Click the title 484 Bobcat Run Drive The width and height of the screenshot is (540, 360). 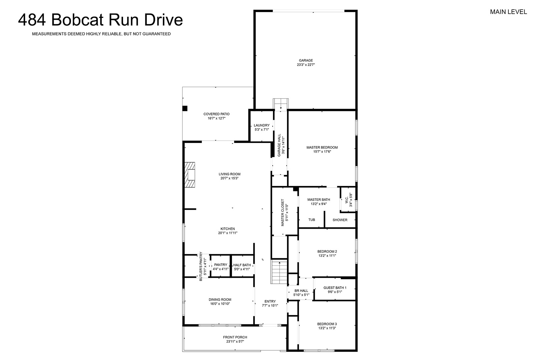(101, 20)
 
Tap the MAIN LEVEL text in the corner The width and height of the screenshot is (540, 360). (508, 12)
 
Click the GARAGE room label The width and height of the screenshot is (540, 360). (306, 61)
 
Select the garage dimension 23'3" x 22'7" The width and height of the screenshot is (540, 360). (306, 65)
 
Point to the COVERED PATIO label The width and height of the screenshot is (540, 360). (216, 114)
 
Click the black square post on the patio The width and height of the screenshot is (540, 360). (185, 109)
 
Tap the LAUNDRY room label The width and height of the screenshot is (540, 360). (262, 125)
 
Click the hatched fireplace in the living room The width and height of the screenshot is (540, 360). (190, 175)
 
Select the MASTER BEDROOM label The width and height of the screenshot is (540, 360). (322, 147)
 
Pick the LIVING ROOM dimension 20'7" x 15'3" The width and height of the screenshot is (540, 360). (229, 178)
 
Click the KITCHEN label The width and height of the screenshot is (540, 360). (228, 229)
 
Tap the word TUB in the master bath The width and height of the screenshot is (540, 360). (312, 220)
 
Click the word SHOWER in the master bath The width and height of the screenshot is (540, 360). (340, 220)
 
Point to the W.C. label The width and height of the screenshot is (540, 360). (346, 200)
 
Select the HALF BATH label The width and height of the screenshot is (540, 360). (242, 265)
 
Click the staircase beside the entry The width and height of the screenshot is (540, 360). (279, 272)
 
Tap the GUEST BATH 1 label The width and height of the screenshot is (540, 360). (335, 288)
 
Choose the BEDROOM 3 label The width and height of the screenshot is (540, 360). (327, 324)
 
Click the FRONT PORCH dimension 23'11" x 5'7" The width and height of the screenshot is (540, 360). (235, 342)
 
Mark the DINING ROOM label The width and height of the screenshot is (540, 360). (220, 300)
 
